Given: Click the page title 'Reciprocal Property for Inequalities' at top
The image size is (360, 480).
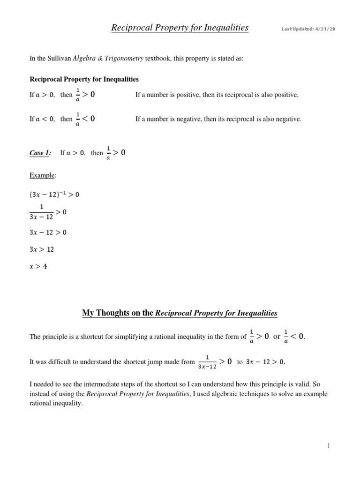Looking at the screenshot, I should pos(180,28).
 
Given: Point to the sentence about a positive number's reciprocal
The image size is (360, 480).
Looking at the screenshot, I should pos(217,95).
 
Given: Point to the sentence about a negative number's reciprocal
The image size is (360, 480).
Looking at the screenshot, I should pos(218,119).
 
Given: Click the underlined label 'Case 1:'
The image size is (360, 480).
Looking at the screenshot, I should pos(40,153).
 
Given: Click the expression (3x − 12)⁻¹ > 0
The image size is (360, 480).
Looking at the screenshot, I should pos(54,195).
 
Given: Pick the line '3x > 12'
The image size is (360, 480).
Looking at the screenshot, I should pos(42,249).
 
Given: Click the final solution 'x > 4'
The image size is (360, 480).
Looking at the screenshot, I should pos(38,266).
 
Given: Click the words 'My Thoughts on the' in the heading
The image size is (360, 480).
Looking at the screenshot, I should pos(117,313).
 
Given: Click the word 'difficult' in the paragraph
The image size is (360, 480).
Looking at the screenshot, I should pos(60,361).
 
